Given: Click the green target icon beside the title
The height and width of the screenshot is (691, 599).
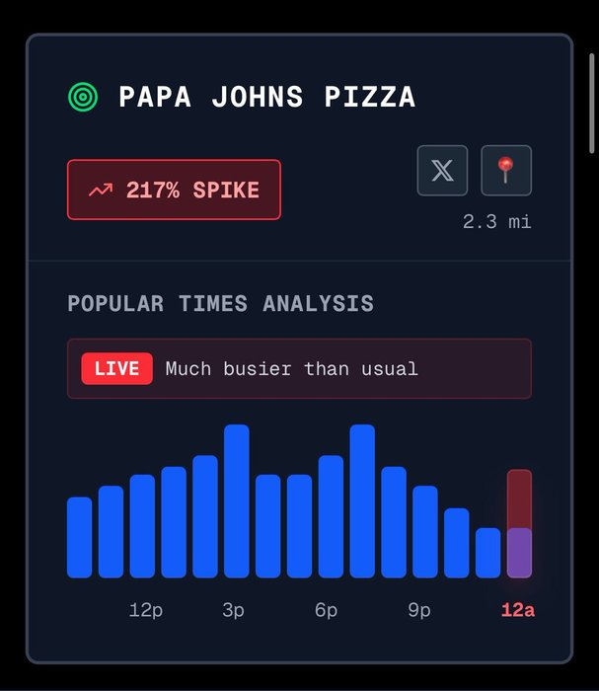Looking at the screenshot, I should point(83,97).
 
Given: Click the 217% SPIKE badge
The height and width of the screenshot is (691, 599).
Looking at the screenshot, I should point(174,190).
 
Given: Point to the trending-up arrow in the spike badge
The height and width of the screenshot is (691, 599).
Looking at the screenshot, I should point(100,190).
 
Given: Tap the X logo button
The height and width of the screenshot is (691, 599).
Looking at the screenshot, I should point(442,171).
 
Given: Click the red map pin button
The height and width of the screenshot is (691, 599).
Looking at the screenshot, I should point(506,171).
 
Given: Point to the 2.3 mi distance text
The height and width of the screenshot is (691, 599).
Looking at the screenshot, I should point(497,222).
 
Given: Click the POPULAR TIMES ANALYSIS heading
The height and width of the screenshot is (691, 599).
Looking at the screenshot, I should point(220,303).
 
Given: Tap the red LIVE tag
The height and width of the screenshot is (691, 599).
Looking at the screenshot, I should point(116,368).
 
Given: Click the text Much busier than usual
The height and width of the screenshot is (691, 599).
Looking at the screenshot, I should point(291,369).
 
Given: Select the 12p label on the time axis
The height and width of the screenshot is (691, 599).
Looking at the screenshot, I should point(146,610).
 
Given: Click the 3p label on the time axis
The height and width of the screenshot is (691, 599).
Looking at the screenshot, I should point(234,610).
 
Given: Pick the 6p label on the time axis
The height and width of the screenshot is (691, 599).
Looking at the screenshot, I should point(327,610).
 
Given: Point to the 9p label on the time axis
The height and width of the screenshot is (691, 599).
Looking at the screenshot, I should point(419,610).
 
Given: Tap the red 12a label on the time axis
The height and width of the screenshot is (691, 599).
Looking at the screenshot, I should point(518,610).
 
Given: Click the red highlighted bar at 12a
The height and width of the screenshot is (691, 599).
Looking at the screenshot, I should point(519,523).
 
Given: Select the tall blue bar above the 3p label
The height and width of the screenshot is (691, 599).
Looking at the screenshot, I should point(237,501).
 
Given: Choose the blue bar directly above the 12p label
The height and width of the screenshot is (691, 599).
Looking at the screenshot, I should point(142,526).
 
